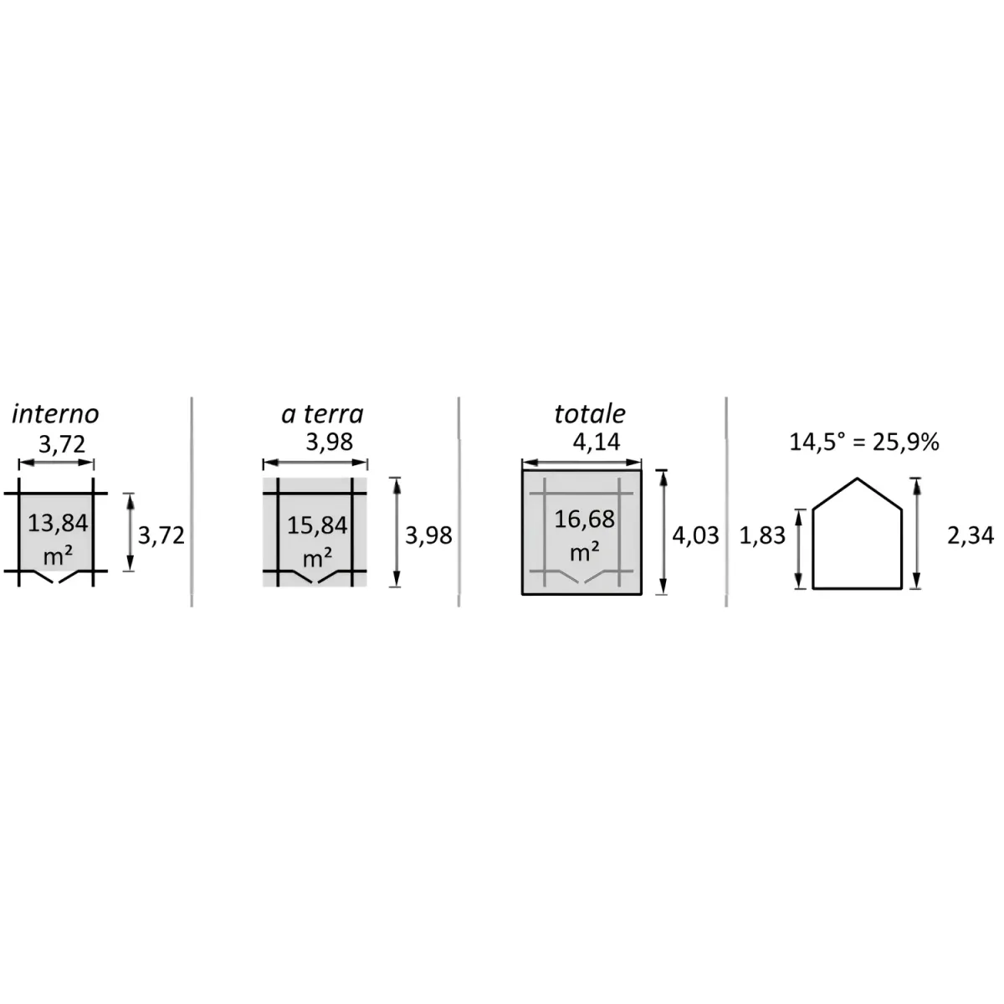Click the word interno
(55, 414)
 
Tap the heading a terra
(322, 414)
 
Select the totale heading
(590, 414)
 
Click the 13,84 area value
(58, 523)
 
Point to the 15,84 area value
(317, 525)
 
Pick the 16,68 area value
(584, 519)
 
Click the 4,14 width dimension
(596, 443)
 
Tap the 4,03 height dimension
(695, 535)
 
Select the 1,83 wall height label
(762, 535)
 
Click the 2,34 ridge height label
(971, 535)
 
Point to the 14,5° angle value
(817, 443)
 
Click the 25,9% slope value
(906, 443)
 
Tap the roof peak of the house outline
(857, 479)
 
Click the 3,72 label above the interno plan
(62, 444)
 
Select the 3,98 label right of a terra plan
(428, 535)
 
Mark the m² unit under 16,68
(584, 551)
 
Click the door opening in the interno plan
(56, 576)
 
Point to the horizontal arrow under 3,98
(315, 463)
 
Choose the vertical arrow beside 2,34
(916, 534)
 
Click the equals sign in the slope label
(858, 443)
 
